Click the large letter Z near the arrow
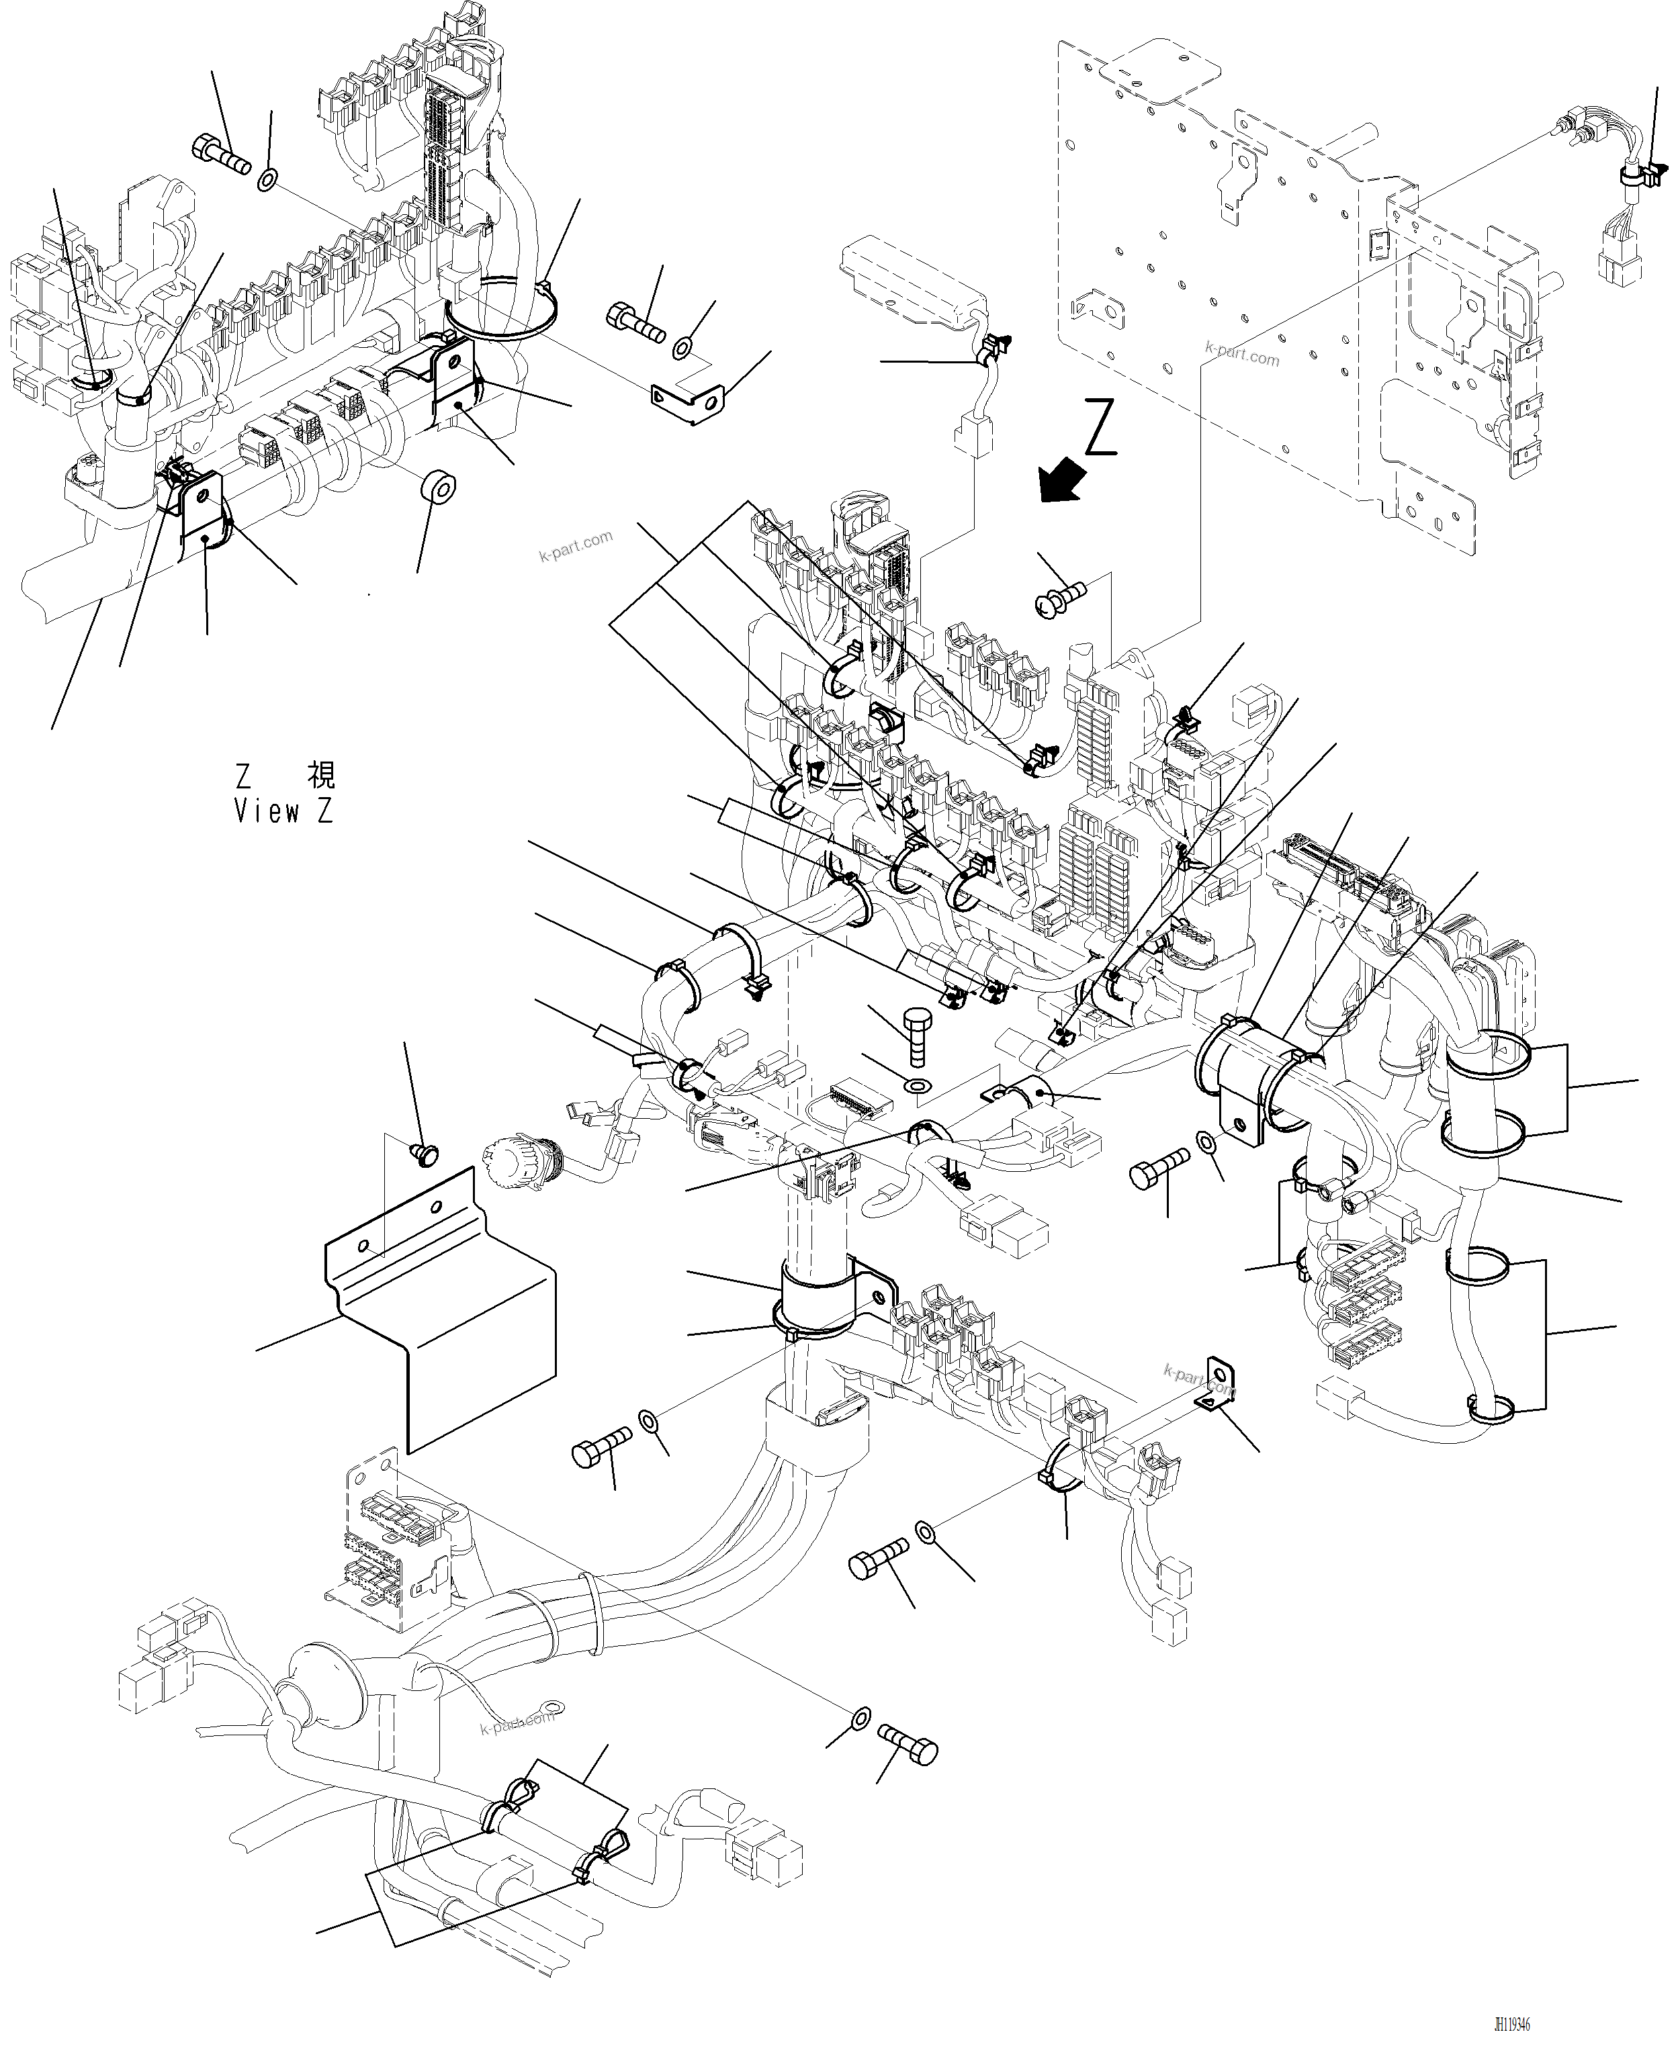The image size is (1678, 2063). [x=1101, y=427]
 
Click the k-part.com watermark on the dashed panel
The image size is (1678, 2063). [x=1242, y=355]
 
